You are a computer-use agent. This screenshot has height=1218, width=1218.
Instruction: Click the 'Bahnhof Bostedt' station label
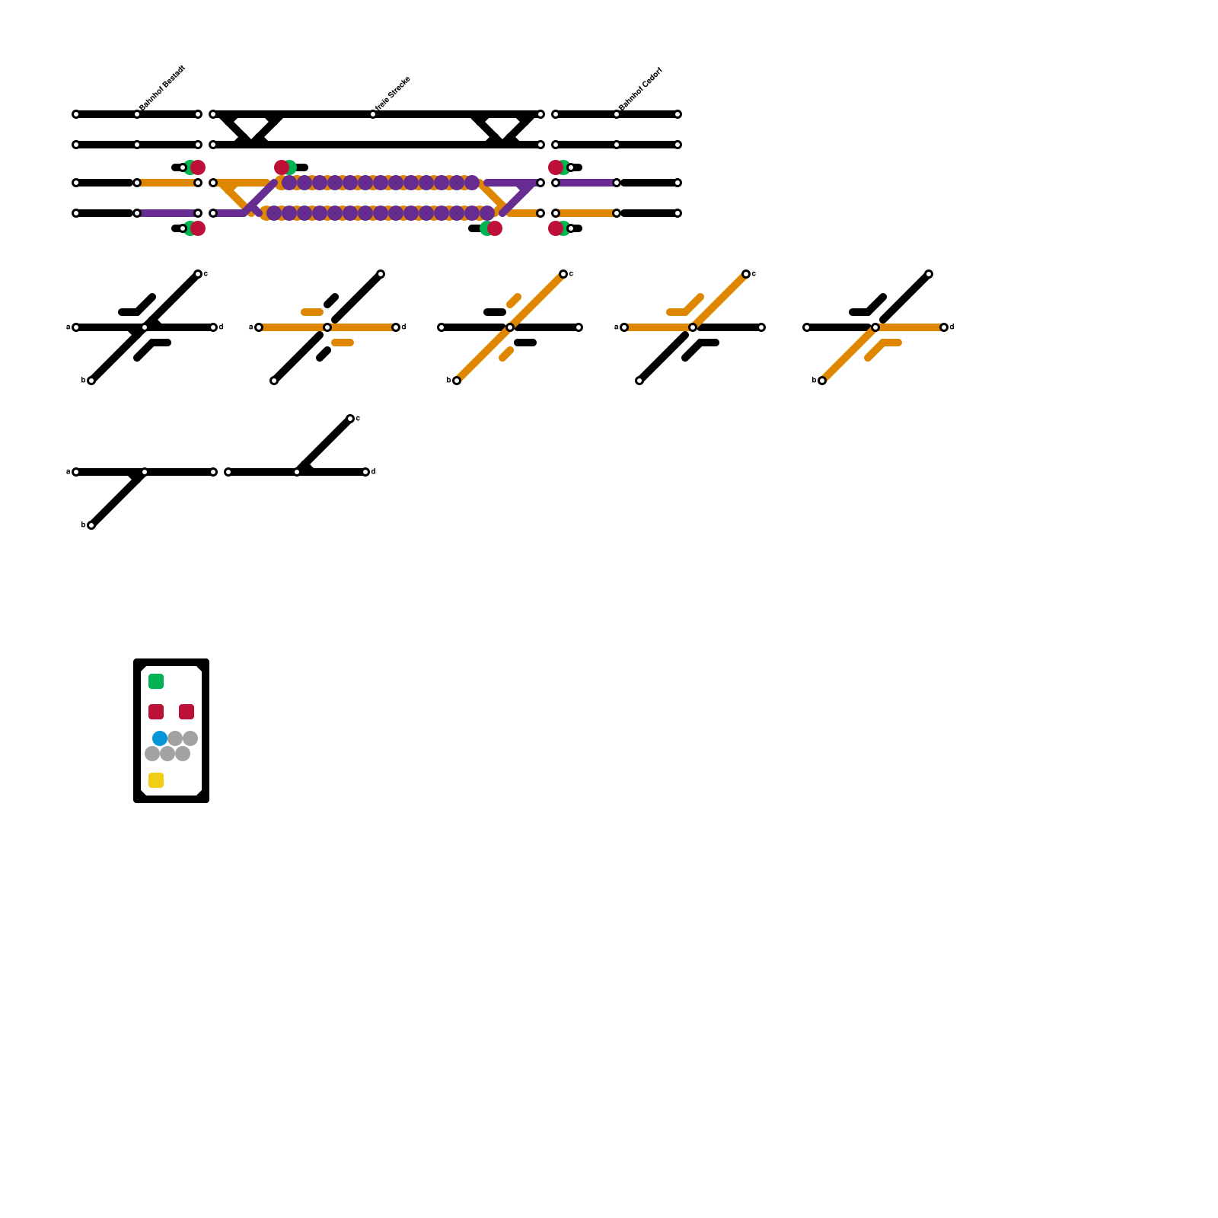coord(163,88)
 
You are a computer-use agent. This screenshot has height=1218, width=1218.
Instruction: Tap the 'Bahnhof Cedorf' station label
coord(641,89)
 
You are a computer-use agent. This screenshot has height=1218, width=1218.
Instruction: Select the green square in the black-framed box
coord(156,681)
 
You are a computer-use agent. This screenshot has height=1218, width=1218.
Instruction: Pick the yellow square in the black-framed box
coord(156,780)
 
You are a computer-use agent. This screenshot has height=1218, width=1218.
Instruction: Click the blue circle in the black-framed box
coord(160,738)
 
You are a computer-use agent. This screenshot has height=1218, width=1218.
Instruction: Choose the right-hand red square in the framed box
coord(187,712)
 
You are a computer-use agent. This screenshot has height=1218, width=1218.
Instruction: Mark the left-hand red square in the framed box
coord(156,712)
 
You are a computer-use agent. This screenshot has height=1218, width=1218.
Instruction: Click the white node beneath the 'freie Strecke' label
coord(373,114)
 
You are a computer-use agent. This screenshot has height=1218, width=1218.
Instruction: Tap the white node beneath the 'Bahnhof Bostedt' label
coord(137,114)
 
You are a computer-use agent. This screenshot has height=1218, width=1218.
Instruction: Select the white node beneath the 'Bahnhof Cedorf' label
coord(617,114)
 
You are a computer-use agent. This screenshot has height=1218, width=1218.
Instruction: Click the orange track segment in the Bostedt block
coord(167,183)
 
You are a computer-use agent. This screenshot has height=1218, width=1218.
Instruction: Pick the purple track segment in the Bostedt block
coord(167,213)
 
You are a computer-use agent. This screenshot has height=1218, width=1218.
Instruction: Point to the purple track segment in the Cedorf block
coord(586,183)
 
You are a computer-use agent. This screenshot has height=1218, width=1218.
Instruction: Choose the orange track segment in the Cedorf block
coord(586,213)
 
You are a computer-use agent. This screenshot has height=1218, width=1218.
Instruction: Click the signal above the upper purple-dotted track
coord(286,167)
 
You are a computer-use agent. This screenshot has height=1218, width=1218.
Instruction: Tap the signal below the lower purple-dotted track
coord(490,228)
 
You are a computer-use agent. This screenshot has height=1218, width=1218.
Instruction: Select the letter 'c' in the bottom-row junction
coord(358,419)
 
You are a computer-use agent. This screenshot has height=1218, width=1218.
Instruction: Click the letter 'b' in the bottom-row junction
coord(84,525)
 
